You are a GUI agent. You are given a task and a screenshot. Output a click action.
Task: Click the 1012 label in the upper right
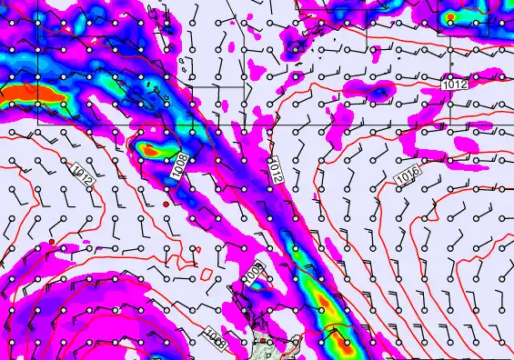[x=455, y=85]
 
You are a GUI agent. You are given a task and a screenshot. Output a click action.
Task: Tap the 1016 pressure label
[x=408, y=174]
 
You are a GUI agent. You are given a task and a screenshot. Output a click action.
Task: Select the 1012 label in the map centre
[x=277, y=170]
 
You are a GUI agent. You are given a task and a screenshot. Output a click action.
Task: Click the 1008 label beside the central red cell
[x=180, y=165]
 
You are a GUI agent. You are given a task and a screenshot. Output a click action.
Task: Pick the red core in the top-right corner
[x=452, y=17]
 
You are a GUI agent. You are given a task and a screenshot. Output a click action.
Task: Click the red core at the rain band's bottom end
[x=343, y=345]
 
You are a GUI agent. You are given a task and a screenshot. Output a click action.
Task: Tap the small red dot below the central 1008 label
[x=166, y=205]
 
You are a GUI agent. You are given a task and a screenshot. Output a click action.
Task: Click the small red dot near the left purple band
[x=53, y=242]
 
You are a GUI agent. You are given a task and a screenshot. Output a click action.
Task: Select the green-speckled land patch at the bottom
[x=273, y=346]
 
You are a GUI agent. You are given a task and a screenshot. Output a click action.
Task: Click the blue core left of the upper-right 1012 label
[x=374, y=88]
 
